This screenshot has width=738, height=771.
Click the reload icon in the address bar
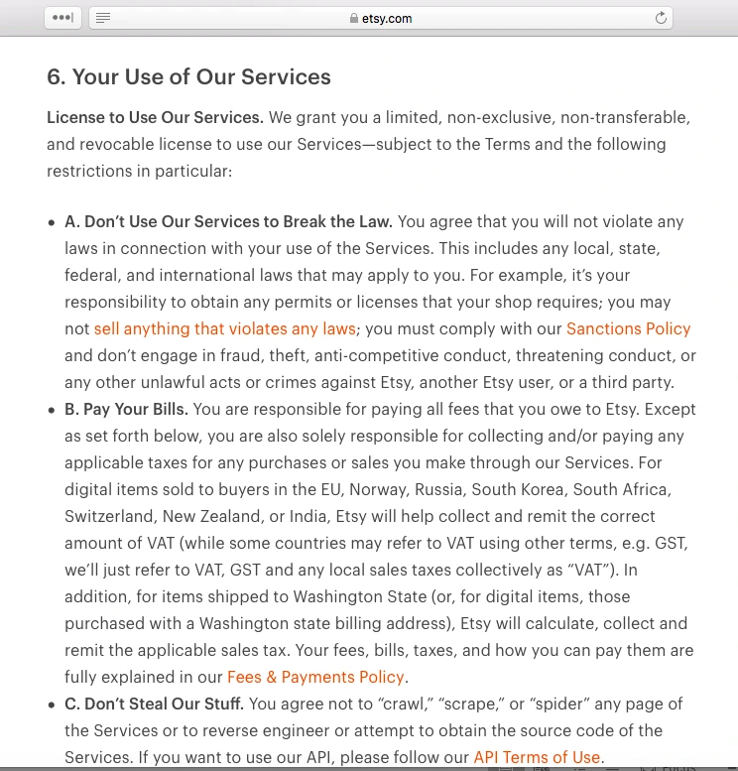pos(661,18)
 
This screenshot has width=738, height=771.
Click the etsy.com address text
pos(387,18)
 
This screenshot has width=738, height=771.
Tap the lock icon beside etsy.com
pos(353,18)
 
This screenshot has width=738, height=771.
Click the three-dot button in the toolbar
pos(62,18)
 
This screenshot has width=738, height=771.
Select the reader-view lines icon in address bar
pos(103,18)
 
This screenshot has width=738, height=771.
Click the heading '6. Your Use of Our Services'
pos(188,77)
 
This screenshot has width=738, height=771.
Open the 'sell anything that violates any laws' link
pos(224,328)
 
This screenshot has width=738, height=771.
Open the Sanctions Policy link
pos(628,328)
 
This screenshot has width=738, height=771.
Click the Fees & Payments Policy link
pos(315,677)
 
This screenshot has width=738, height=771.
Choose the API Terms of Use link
pos(537,757)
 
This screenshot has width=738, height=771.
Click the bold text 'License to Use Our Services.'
pos(155,117)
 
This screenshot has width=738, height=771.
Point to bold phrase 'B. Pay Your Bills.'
pos(126,409)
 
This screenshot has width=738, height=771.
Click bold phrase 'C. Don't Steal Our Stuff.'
pos(154,704)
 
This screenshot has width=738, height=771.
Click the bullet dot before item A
pos(52,222)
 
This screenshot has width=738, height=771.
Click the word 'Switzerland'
pos(110,516)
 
